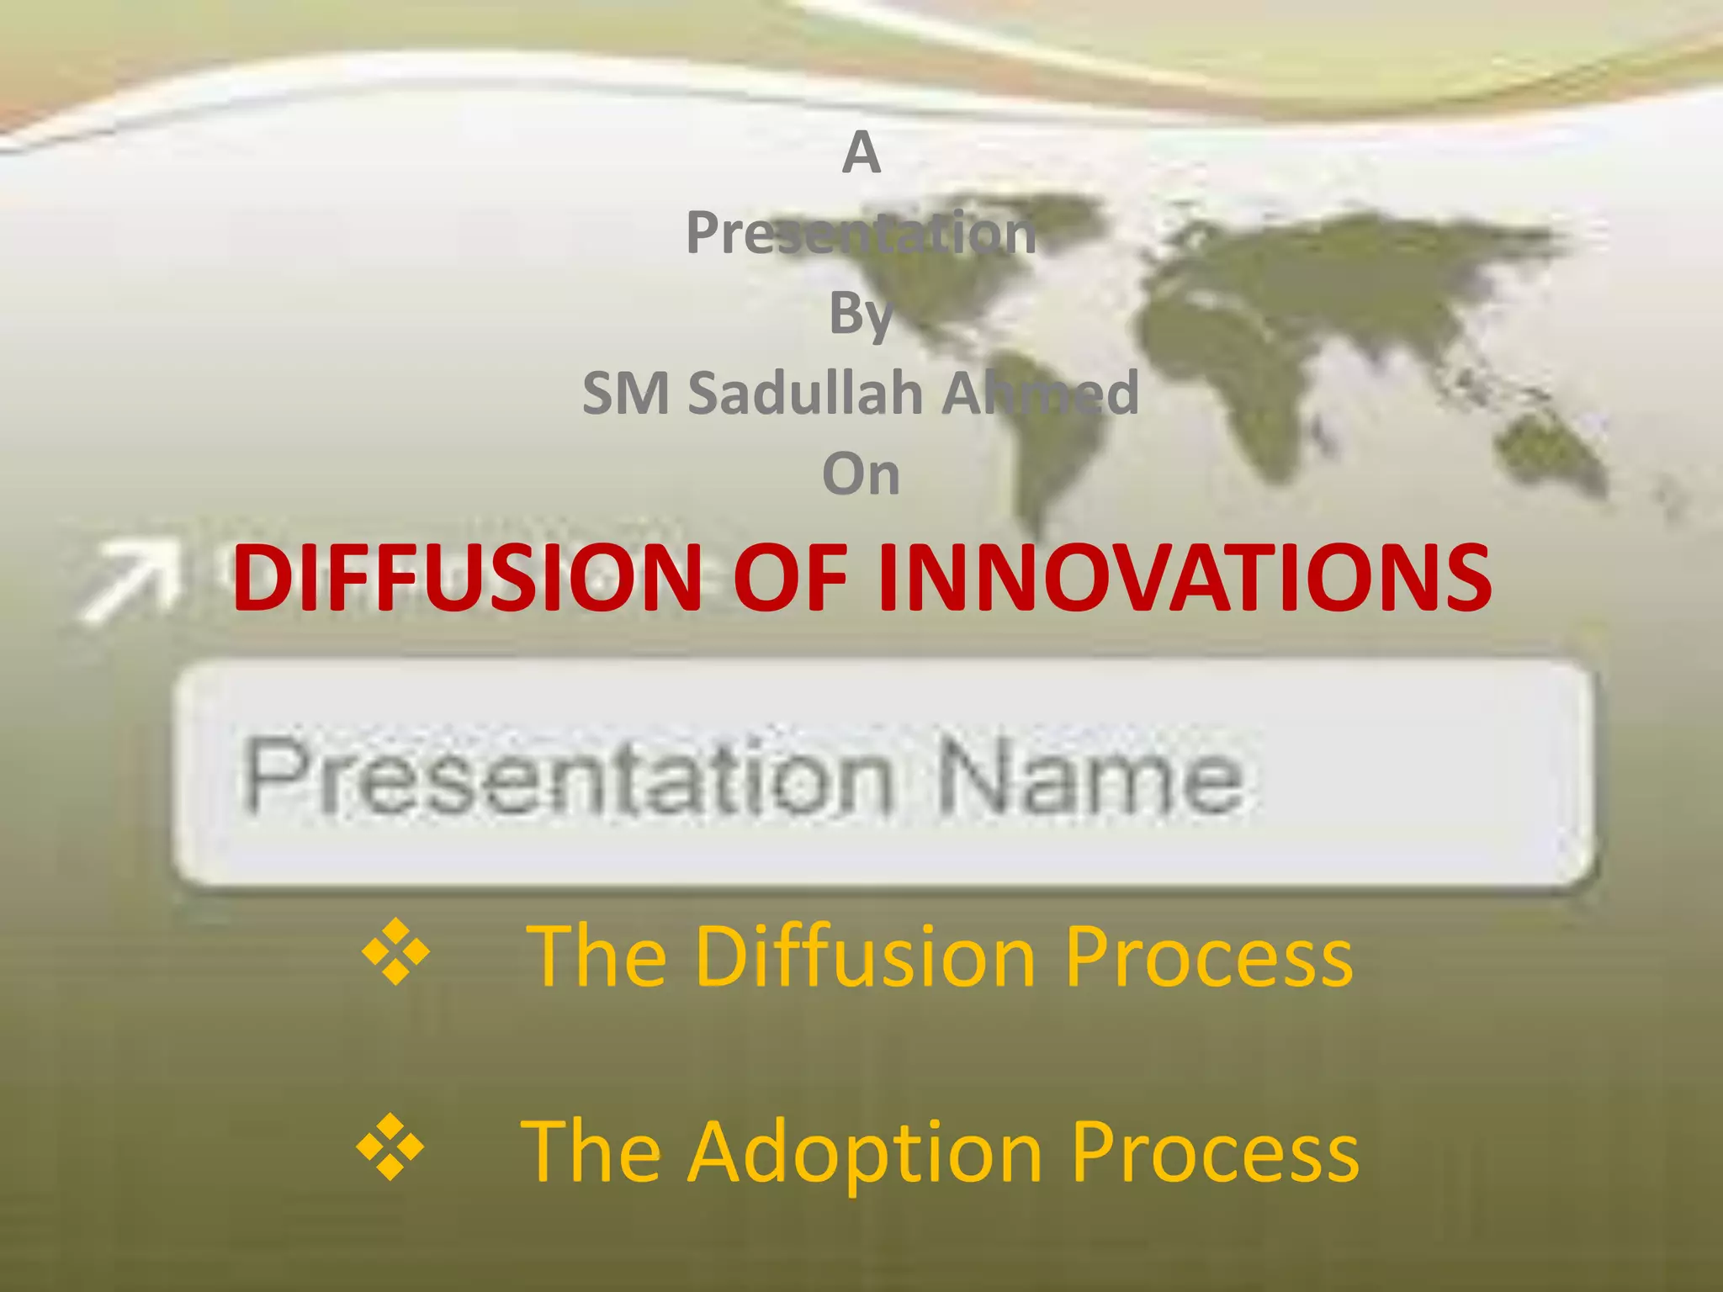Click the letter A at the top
click(x=861, y=153)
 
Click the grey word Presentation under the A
click(x=861, y=233)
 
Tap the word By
click(x=861, y=314)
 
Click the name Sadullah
click(x=806, y=394)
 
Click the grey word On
click(x=861, y=474)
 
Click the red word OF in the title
click(x=790, y=578)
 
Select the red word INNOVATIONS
click(x=1185, y=578)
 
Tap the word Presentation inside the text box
click(x=569, y=776)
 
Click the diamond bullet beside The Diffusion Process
click(x=395, y=952)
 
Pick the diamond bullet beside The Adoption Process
click(x=390, y=1147)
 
